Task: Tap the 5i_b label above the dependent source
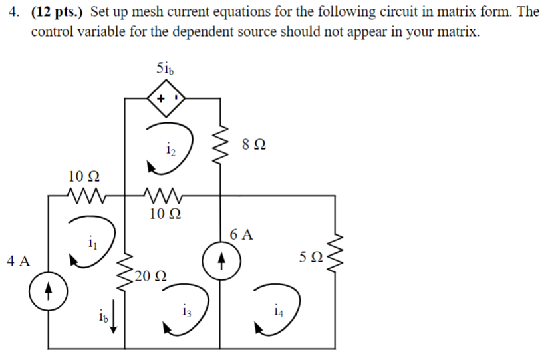[166, 69]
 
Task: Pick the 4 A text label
[18, 261]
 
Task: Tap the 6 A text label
[241, 234]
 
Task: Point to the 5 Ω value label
[311, 258]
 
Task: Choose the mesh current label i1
[90, 243]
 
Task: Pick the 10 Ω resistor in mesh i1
[84, 196]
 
